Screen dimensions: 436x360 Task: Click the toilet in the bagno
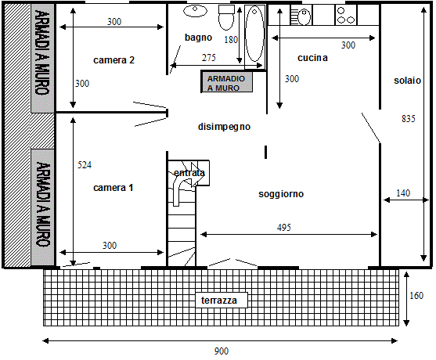click(226, 17)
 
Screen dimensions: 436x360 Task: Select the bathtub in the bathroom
click(254, 34)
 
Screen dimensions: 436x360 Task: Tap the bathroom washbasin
click(195, 11)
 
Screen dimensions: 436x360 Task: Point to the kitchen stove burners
click(346, 15)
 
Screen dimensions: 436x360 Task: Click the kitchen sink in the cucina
click(301, 16)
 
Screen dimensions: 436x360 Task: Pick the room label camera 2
click(114, 60)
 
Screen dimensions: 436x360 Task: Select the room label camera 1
click(114, 188)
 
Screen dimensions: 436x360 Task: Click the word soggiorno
click(281, 194)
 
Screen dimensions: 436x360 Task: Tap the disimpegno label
click(224, 127)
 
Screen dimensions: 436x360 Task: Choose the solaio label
click(407, 81)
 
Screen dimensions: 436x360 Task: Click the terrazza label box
click(222, 300)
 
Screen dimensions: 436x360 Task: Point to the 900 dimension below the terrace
click(222, 351)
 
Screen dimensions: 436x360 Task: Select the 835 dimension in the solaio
click(409, 119)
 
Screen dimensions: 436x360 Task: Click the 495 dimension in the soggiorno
click(284, 228)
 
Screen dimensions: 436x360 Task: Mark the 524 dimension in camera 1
click(85, 165)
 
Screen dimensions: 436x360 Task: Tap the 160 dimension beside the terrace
click(416, 295)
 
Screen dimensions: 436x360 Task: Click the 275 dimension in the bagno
click(208, 58)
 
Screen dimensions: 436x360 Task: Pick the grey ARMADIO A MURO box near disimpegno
click(227, 81)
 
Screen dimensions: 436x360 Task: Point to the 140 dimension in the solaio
click(403, 193)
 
